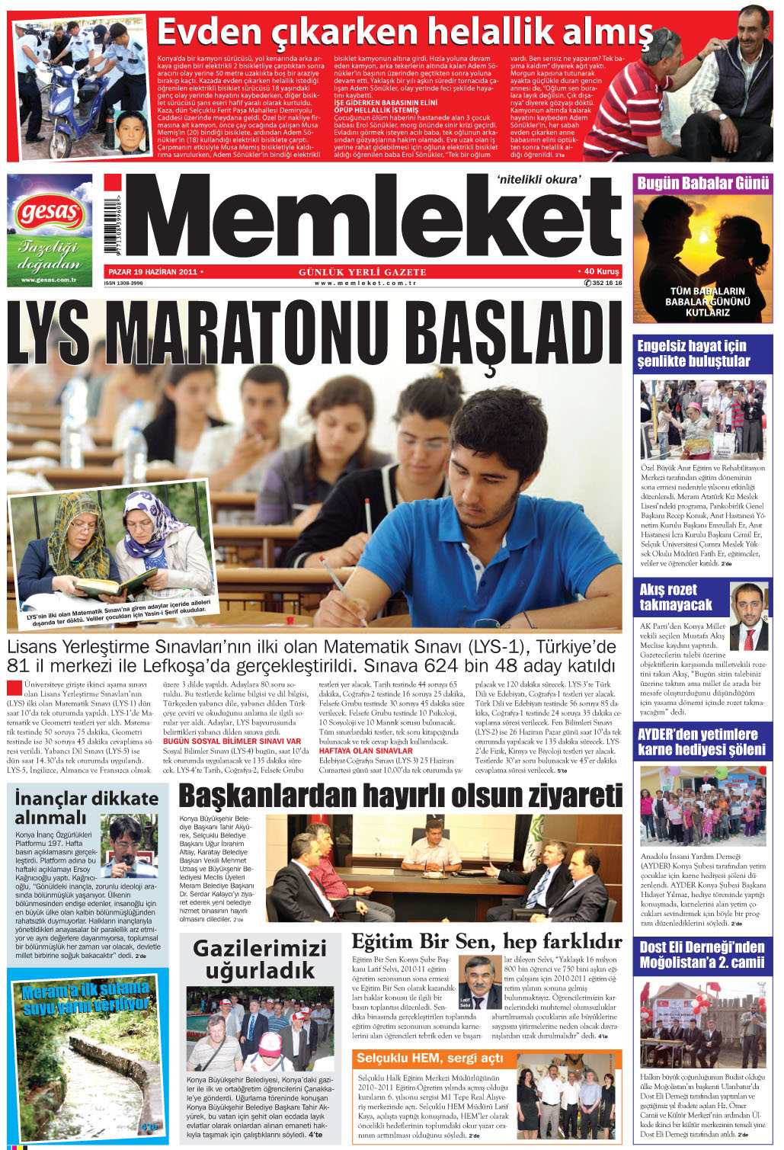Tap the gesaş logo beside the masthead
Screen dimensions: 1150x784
[50, 214]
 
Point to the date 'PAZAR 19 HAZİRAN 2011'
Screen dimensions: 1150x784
[153, 271]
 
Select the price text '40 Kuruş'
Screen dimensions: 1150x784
[601, 271]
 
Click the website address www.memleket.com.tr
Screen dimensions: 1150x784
[365, 283]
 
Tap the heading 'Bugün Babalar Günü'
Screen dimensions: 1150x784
[702, 183]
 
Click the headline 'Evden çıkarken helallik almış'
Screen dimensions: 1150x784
[405, 32]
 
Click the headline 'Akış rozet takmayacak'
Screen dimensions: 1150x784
[675, 597]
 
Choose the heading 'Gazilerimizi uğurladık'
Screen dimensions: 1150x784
[260, 959]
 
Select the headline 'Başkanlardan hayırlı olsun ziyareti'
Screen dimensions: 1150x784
[400, 795]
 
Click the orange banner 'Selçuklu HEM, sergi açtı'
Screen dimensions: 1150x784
[430, 1058]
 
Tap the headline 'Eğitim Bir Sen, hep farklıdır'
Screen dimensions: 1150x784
[486, 942]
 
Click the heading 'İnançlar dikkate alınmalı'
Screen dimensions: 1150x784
[86, 807]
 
